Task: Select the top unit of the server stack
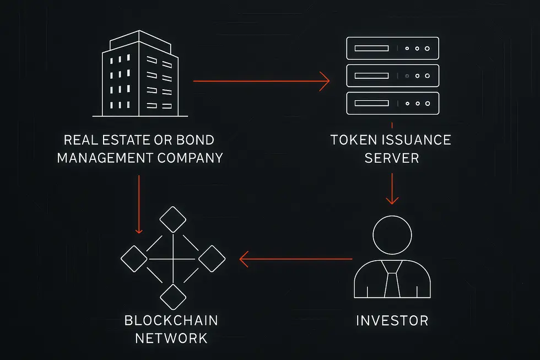392,49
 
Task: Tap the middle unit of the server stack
392,76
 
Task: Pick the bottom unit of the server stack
392,103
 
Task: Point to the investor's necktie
392,282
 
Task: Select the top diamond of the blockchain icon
173,220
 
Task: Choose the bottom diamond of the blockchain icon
173,297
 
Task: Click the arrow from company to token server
261,82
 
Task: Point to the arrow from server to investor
392,189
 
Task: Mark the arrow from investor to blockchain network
295,259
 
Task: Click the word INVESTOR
392,320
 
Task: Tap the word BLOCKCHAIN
171,320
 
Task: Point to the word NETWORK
171,338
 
